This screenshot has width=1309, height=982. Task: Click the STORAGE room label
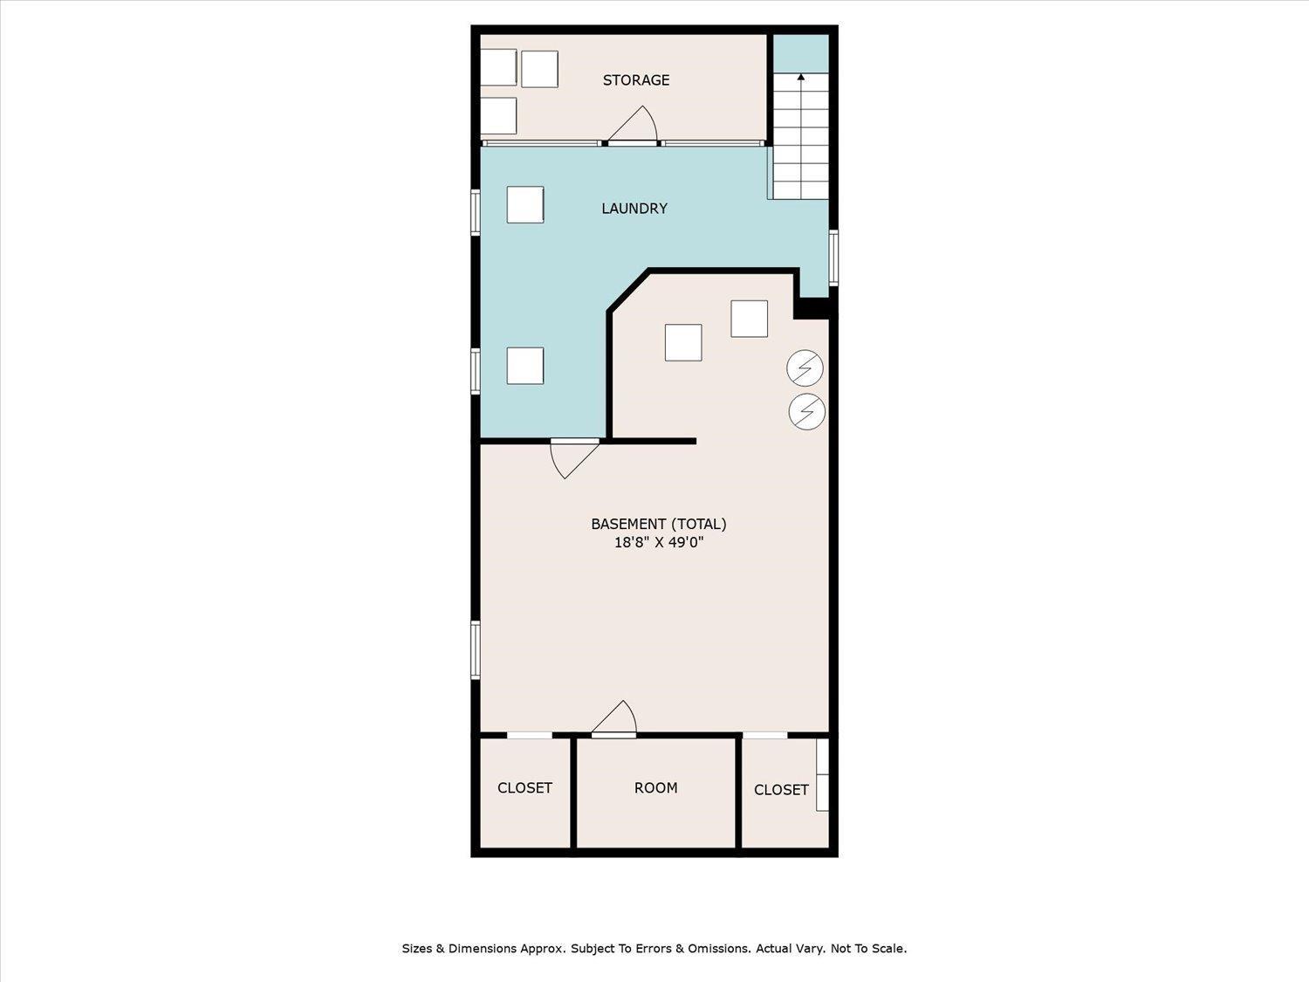(x=635, y=80)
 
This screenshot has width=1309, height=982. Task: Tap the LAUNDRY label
(x=634, y=208)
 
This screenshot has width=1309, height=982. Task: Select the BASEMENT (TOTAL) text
(x=658, y=524)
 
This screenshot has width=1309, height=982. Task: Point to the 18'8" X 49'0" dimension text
(x=659, y=543)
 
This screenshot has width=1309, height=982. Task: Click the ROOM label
(x=655, y=787)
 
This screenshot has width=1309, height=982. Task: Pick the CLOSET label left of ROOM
(x=524, y=787)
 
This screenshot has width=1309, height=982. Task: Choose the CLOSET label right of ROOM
(x=781, y=789)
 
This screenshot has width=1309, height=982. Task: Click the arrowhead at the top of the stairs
(x=801, y=77)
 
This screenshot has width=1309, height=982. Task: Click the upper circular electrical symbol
(x=805, y=367)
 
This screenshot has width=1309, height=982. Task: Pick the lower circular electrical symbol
(x=806, y=411)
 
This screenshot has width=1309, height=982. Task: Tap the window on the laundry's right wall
(x=833, y=258)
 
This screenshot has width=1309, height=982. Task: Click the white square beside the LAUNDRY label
(x=524, y=204)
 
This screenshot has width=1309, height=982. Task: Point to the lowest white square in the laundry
(x=524, y=366)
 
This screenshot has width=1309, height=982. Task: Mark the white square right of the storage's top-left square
(x=539, y=69)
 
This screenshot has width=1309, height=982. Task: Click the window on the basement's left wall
(x=476, y=649)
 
